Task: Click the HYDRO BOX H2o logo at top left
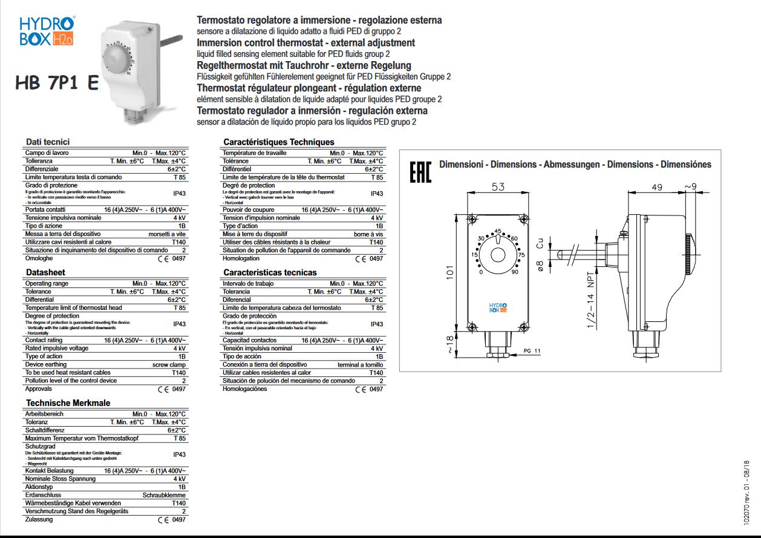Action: [x=47, y=31]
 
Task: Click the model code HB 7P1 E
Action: [x=58, y=83]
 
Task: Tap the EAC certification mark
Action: [x=420, y=172]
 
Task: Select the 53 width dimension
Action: [x=498, y=188]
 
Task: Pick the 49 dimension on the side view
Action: [x=658, y=187]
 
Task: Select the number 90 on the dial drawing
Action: [x=514, y=272]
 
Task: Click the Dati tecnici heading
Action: [x=48, y=142]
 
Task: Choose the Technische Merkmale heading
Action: [x=68, y=403]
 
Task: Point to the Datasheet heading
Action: [x=45, y=272]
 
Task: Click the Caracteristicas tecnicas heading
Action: [x=270, y=272]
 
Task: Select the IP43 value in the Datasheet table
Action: [x=180, y=324]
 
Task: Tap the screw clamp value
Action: [x=169, y=365]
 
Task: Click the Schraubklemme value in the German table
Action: [x=164, y=495]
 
